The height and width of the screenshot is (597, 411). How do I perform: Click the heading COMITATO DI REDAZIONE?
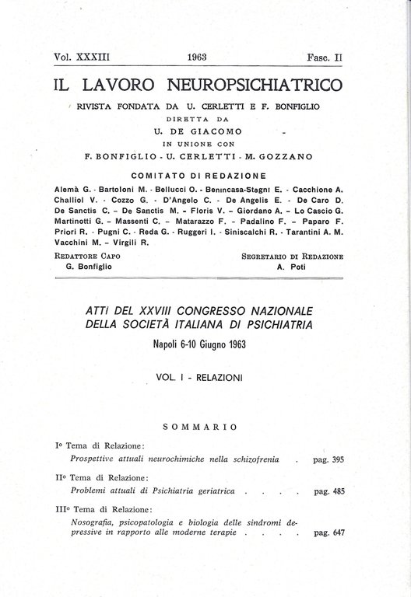[x=199, y=175]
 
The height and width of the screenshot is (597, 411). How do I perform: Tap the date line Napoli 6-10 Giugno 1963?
[x=200, y=344]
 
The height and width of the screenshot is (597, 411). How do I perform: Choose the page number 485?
[x=339, y=492]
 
